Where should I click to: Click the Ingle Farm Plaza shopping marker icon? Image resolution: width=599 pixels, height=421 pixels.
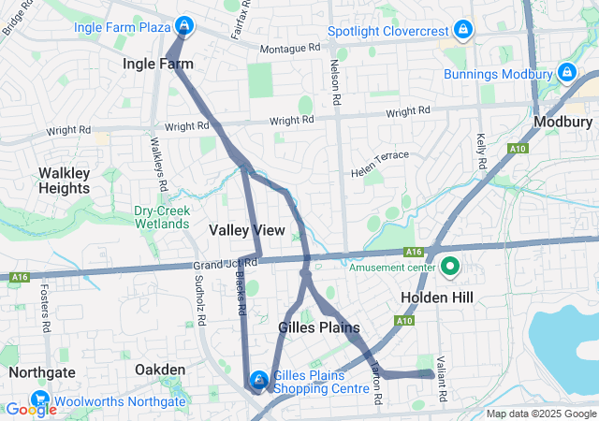click(x=185, y=25)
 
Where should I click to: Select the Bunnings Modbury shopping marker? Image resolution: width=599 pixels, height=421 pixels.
click(x=566, y=72)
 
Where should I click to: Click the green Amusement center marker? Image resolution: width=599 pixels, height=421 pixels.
click(x=449, y=268)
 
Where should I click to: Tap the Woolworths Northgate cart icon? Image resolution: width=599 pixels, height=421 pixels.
click(x=39, y=399)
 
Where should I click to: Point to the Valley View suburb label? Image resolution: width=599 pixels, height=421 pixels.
click(x=247, y=229)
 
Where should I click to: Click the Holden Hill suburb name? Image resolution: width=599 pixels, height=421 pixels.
click(x=437, y=298)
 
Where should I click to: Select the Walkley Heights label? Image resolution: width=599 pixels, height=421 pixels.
click(x=64, y=181)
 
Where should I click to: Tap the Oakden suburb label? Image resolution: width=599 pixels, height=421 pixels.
click(x=160, y=370)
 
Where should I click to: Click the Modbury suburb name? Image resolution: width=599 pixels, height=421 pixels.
click(x=562, y=123)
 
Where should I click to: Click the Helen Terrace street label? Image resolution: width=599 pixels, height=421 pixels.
click(x=380, y=164)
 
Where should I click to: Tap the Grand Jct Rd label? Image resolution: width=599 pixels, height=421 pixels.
click(x=225, y=263)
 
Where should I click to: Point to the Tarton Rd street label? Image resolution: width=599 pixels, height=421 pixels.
click(x=376, y=385)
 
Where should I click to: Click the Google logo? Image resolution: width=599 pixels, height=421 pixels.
click(x=31, y=409)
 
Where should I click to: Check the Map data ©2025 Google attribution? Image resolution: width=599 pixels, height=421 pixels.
click(x=541, y=414)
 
